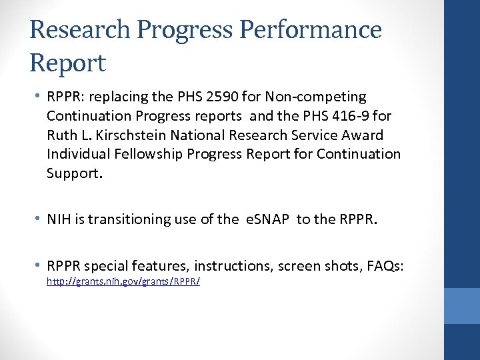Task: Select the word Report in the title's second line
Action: [67, 63]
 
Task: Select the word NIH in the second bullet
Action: [59, 219]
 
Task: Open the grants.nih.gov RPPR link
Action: [123, 282]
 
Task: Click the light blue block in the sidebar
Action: [461, 306]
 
